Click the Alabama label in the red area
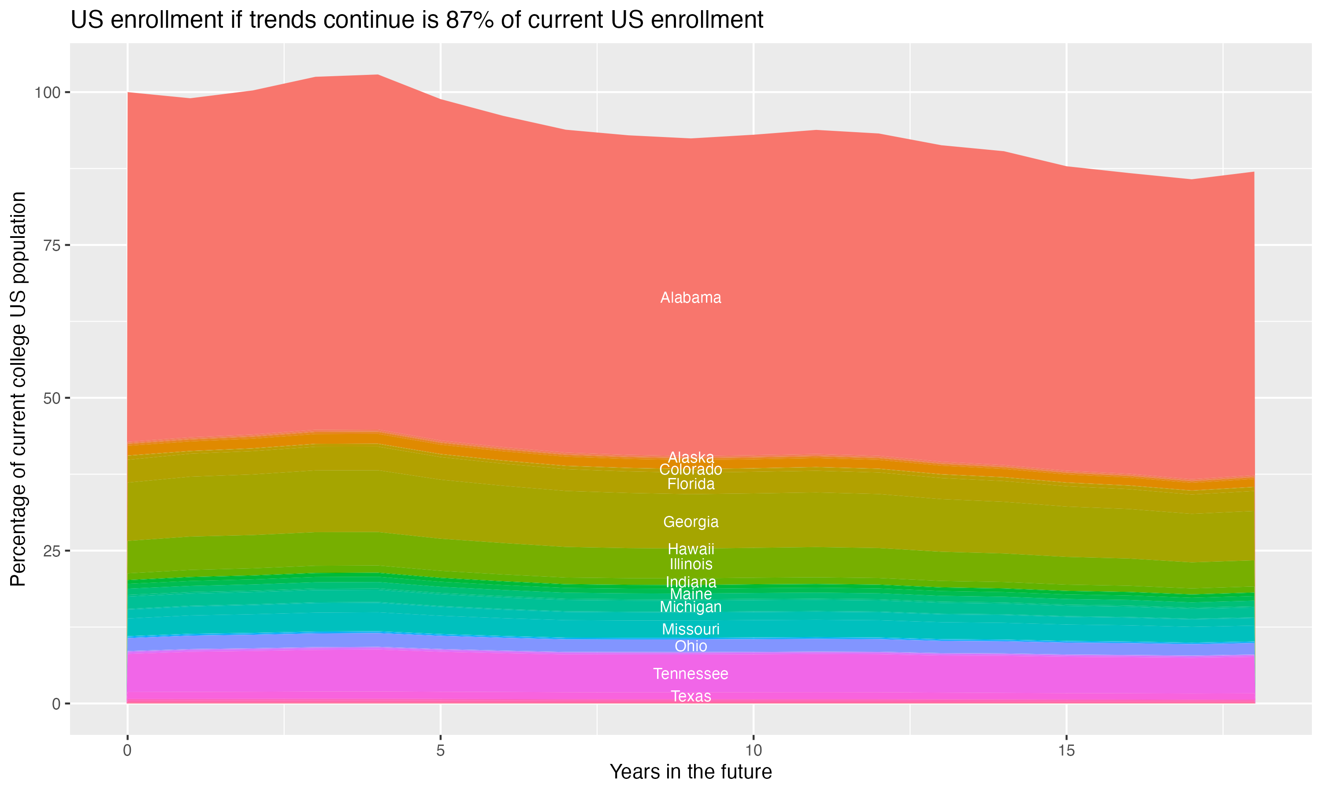point(691,298)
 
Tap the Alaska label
point(691,457)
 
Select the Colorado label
point(691,470)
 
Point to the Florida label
point(691,484)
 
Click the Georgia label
point(691,522)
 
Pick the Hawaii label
point(691,549)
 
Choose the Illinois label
point(691,564)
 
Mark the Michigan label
point(691,607)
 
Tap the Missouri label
point(691,629)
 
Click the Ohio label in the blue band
point(691,646)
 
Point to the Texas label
point(691,696)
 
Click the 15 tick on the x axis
point(1066,751)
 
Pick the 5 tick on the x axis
point(440,751)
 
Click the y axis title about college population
point(18,389)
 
